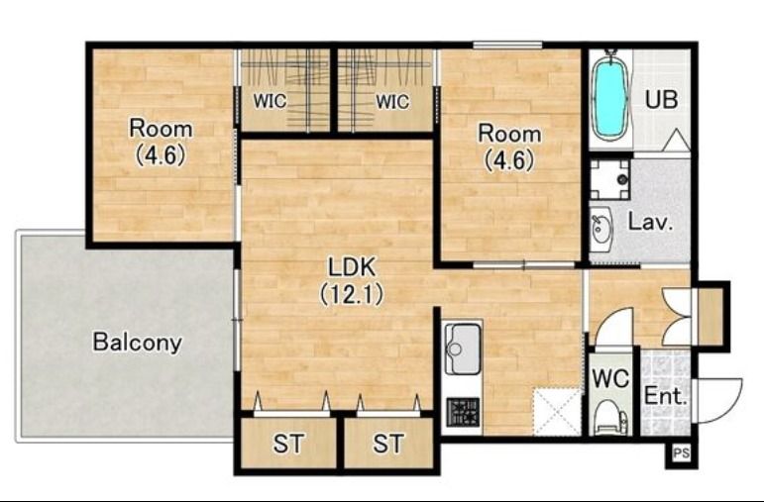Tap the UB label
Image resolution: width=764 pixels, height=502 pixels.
pos(661,99)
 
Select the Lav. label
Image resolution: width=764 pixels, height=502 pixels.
pos(650,222)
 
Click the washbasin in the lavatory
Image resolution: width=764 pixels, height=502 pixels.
pos(600,230)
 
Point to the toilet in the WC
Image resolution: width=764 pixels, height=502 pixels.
pos(610,419)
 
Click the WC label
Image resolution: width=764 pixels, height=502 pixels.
pos(610,378)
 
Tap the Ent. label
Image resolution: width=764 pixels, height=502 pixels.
pos(665,396)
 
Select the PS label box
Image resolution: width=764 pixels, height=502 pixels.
pos(682,453)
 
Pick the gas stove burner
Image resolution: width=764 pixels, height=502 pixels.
pos(463,412)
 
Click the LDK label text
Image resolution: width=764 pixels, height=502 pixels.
pos(352,267)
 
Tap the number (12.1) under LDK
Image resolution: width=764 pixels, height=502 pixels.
pos(352,295)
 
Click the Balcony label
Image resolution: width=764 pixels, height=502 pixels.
pos(137,343)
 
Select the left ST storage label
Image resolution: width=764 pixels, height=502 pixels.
pos(288,444)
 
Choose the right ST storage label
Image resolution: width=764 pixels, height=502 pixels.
pos(388,444)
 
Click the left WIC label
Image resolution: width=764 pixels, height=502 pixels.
pos(270,102)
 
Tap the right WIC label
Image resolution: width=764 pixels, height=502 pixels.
pos(392,102)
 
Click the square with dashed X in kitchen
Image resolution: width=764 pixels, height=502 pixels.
pos(558,412)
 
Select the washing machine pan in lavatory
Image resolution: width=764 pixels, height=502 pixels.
pos(610,179)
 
